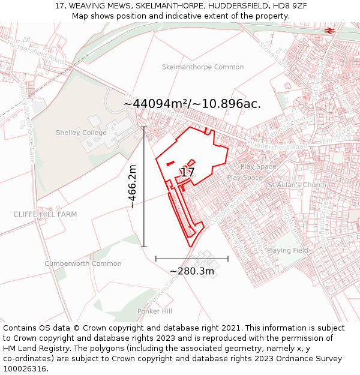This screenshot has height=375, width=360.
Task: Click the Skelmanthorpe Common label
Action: pos(203,67)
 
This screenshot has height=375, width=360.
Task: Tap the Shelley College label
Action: pos(81,133)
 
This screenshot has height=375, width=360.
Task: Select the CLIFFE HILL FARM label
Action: pos(46,214)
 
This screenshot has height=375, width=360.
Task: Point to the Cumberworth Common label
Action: pos(83,263)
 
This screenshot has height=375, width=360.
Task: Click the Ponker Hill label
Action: pos(155,311)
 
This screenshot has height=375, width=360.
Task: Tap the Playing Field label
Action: pos(287,250)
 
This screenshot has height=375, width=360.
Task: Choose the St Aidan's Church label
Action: pos(297,185)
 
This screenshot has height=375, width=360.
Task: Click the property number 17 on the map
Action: pos(187,173)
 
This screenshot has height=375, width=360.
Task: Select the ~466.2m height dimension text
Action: pos(133,187)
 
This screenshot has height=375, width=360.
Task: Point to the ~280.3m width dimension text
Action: pos(192,271)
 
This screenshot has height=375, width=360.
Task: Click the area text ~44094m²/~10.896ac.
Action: pos(192,104)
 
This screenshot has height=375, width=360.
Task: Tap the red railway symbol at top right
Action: pos(329,30)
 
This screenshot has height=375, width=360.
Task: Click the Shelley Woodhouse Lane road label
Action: pos(28,120)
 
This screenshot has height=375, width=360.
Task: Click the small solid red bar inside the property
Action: pos(170,163)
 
